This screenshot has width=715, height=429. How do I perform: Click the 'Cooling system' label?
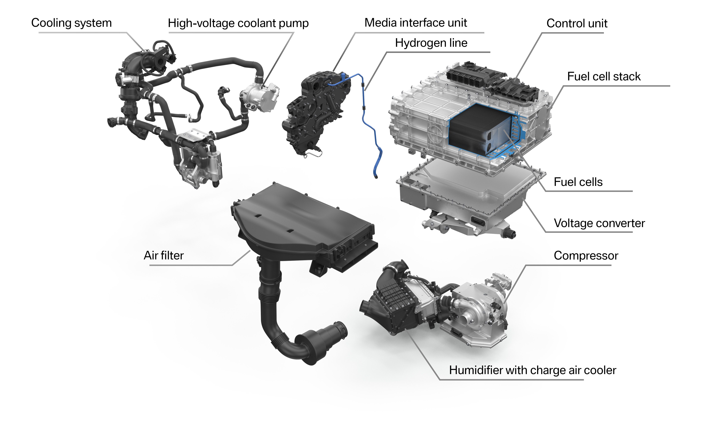71,23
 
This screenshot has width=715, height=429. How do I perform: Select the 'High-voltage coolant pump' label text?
238,23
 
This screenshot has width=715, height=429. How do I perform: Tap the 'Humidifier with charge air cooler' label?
532,370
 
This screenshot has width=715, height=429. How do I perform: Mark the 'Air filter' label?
164,255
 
